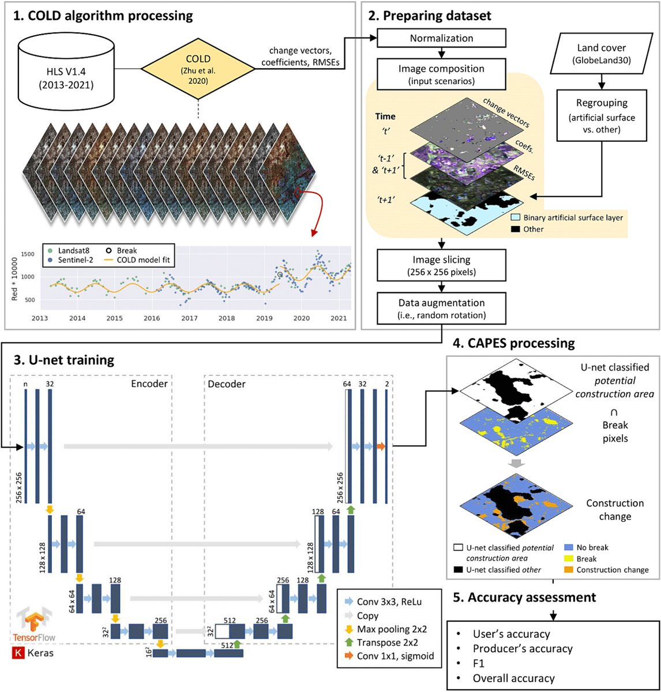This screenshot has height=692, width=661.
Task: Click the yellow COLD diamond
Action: tap(198, 69)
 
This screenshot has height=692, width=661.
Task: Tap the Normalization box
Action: tap(441, 38)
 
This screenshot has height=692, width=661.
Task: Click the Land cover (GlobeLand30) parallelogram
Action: tap(602, 53)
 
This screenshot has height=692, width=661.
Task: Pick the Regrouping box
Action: tap(602, 115)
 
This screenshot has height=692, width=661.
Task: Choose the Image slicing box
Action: tap(441, 265)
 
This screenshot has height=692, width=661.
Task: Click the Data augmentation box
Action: tap(441, 309)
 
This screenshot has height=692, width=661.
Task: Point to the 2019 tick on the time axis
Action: tap(264, 318)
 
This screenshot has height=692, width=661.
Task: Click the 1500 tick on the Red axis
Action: tap(28, 254)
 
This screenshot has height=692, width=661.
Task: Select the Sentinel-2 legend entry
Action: tap(70, 260)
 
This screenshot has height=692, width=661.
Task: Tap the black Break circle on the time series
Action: tap(280, 274)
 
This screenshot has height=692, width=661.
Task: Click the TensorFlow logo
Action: tap(34, 625)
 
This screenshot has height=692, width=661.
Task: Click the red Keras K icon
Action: tap(18, 653)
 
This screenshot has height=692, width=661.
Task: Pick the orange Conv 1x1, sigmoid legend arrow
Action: tap(349, 656)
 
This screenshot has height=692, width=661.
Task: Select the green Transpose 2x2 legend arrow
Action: tap(349, 642)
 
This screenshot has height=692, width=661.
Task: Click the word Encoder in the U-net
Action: tap(149, 383)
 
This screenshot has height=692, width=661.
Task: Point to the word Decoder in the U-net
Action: tap(227, 384)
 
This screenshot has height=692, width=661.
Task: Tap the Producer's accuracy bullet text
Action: tap(523, 649)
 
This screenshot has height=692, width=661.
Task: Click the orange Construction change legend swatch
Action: tap(569, 570)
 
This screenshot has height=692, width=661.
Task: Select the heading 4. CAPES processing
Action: tap(514, 343)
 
